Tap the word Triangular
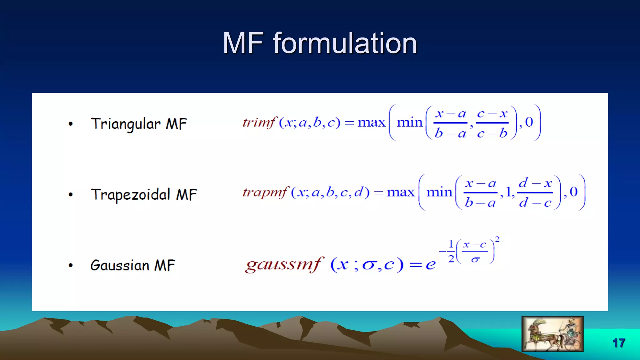coord(126,124)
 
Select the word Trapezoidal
coord(131,195)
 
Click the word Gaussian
coord(120,265)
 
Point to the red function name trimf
coord(259,122)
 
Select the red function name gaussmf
coord(283,265)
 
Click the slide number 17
coord(618,343)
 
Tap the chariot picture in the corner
coord(552,334)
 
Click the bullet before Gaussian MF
coord(71,266)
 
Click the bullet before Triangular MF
coord(71,124)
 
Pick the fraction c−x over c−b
coord(492,123)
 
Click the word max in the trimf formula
coord(371,122)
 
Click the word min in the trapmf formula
coord(439,192)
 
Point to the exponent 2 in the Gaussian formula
coord(497,239)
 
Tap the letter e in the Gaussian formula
coord(431,265)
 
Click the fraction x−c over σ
coord(475,252)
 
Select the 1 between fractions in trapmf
coord(508,192)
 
